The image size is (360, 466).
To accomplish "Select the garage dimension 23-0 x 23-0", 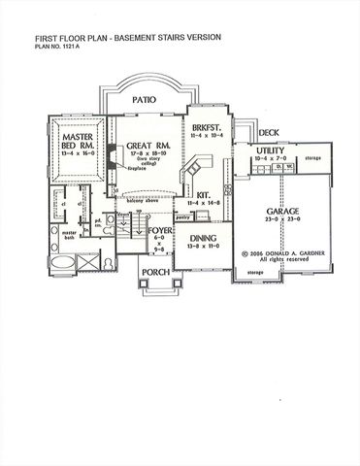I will pyautogui.click(x=275, y=221).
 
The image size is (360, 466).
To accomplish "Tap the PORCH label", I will pyautogui.click(x=154, y=273).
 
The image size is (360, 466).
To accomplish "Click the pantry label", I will pyautogui.click(x=182, y=218).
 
